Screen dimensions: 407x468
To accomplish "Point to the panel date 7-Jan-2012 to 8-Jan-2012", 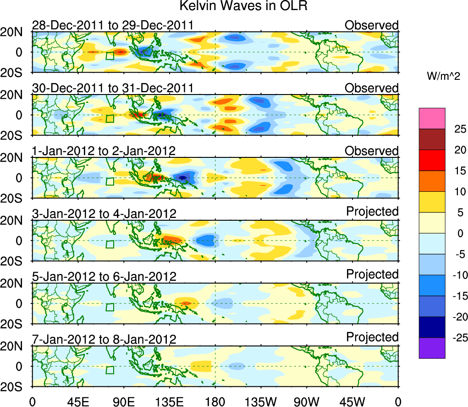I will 104,340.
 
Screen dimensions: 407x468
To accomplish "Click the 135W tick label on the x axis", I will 260,401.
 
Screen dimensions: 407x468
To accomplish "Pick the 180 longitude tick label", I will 215,401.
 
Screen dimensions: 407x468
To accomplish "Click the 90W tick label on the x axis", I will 306,401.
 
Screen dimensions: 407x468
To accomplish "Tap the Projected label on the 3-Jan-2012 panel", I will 372,211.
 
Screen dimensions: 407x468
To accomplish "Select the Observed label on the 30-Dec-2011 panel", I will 372,88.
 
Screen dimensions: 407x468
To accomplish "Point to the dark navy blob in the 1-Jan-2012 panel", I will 183,177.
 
